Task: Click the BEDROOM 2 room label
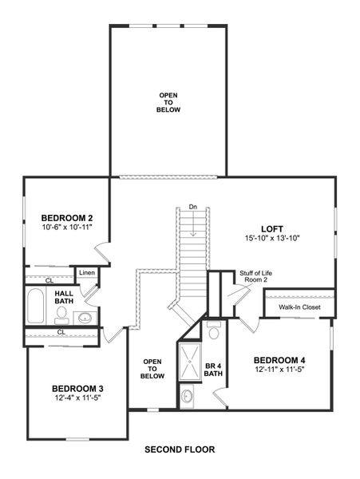click(67, 217)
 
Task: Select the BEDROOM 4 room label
click(280, 358)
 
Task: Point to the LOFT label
click(272, 228)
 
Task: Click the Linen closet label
click(87, 274)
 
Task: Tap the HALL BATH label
click(64, 297)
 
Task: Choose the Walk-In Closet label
click(299, 307)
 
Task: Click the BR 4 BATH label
click(213, 371)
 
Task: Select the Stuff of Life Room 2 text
click(253, 277)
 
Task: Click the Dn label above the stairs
click(192, 208)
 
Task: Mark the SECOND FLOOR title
click(180, 449)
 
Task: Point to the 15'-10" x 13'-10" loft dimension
click(272, 238)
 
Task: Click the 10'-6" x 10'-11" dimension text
click(67, 227)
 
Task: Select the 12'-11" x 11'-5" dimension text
click(280, 369)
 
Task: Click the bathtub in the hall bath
click(36, 305)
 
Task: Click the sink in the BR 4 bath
click(186, 394)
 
